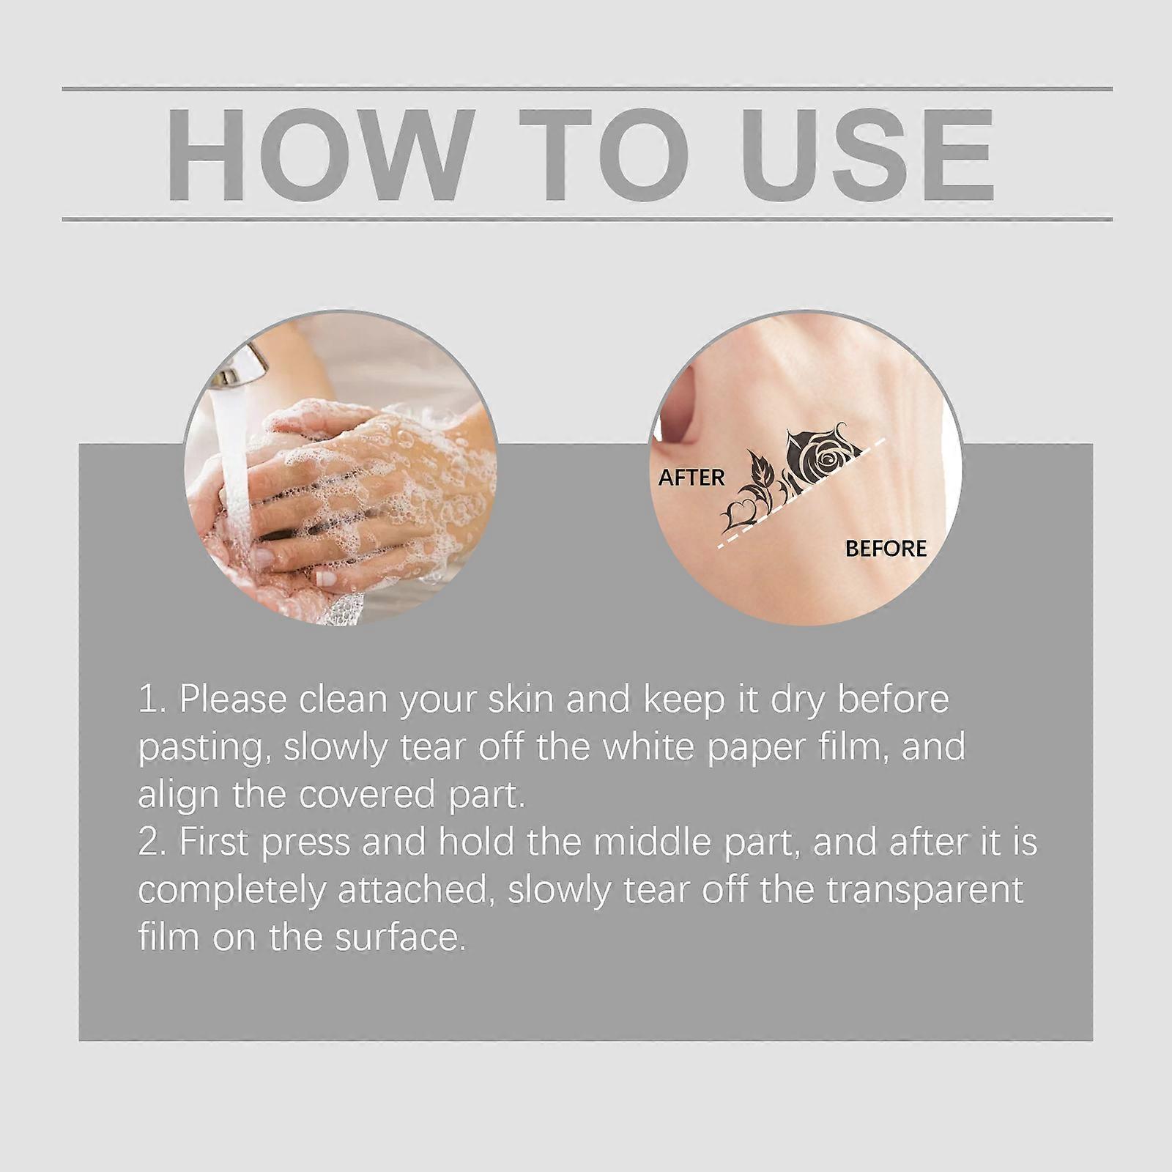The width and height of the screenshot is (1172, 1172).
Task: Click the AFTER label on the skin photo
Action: point(691,478)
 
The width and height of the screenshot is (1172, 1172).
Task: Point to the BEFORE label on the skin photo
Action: point(886,549)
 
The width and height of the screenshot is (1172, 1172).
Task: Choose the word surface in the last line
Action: point(401,938)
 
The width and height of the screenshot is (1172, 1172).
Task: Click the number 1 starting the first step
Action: point(149,699)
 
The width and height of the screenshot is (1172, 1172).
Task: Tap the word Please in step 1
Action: point(232,699)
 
